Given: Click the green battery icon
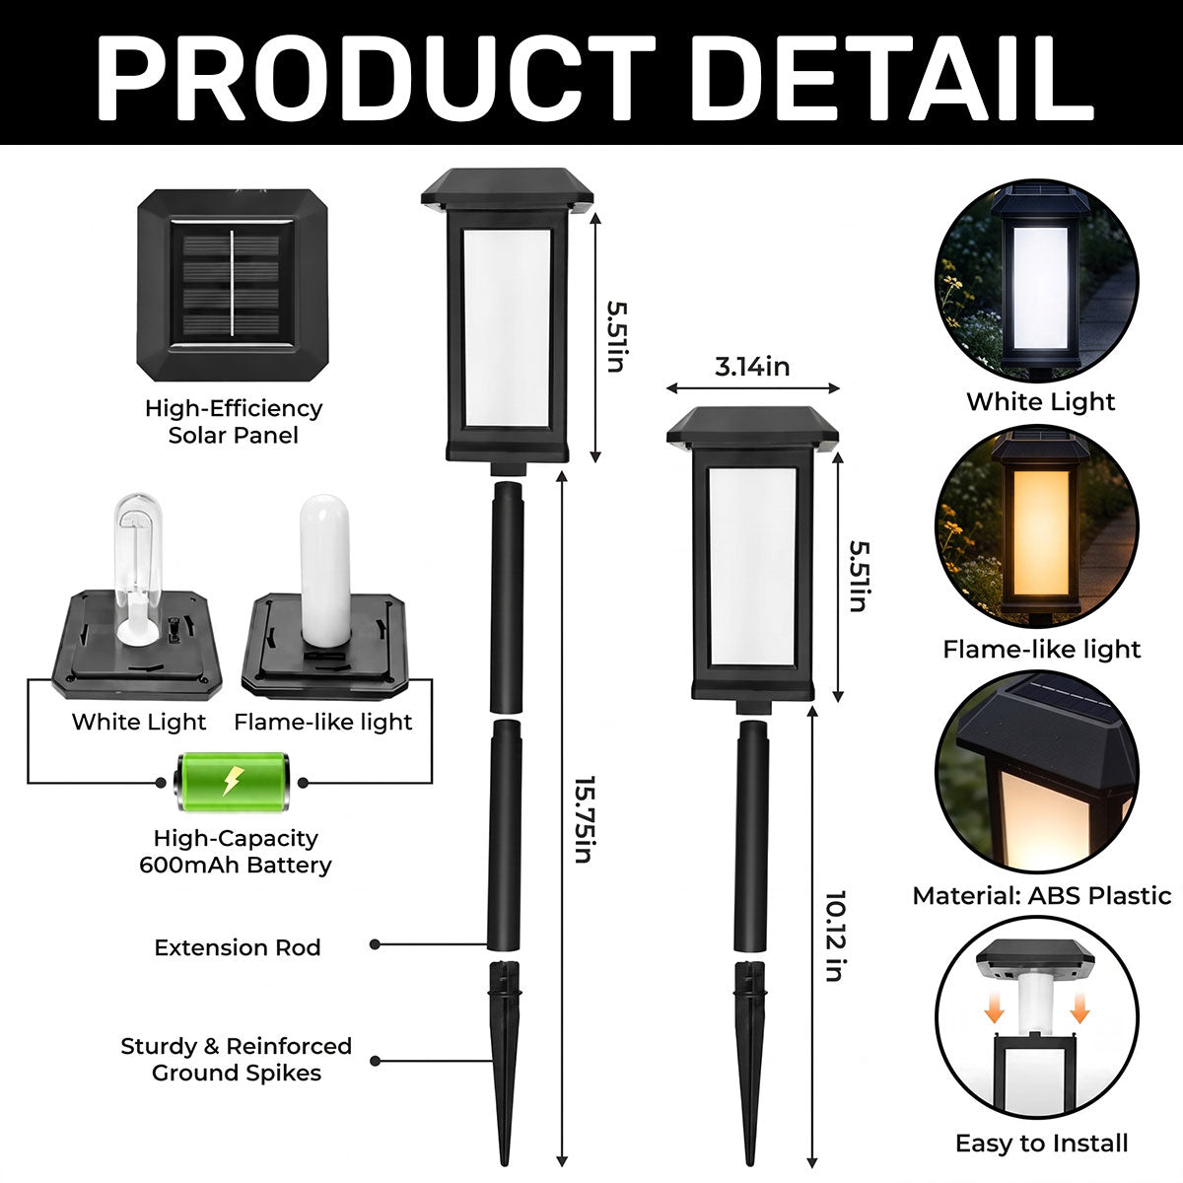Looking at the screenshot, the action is click(x=231, y=782).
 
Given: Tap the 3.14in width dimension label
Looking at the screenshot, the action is click(x=752, y=367).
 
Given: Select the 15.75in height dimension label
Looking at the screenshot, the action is click(x=584, y=819).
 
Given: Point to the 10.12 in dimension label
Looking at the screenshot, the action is click(x=835, y=936).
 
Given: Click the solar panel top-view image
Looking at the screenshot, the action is click(x=233, y=286).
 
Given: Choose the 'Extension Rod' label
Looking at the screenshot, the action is click(x=238, y=947).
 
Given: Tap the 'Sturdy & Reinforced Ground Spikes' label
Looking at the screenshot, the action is click(x=237, y=1059).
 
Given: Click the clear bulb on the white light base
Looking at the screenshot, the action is click(x=139, y=568).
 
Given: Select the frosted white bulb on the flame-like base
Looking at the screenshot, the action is click(x=324, y=571).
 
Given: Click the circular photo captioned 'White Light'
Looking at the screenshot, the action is click(x=1037, y=281).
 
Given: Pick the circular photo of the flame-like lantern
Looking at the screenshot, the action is click(x=1037, y=527).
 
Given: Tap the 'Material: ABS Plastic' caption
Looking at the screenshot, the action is click(x=1042, y=896).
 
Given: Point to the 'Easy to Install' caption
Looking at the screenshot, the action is click(x=1042, y=1144).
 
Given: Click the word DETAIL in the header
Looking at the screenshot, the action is click(x=892, y=77).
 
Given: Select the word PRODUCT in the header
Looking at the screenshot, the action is click(x=376, y=77).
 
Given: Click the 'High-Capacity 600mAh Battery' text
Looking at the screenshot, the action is click(x=236, y=852).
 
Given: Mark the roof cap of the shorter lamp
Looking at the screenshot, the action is click(x=752, y=427).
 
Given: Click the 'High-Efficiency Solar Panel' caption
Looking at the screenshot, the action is click(x=234, y=422).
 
